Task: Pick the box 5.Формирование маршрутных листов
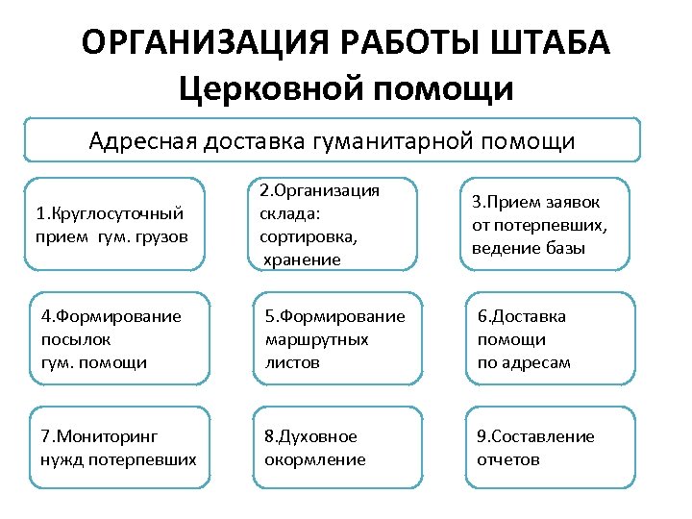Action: click(x=335, y=338)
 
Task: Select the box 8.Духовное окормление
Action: click(x=335, y=448)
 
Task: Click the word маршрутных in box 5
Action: click(x=314, y=339)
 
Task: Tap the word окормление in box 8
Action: click(x=315, y=459)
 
